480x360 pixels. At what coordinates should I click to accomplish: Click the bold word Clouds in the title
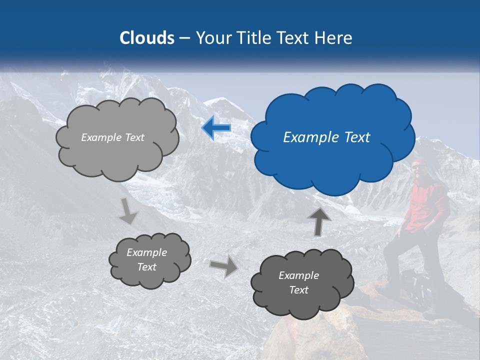point(146,38)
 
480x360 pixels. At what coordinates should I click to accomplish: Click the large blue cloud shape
point(332,137)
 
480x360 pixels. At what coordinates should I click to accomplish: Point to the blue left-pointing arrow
point(216,127)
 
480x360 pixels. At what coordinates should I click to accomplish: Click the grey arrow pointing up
point(318,221)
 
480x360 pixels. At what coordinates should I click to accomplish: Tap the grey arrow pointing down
point(128,210)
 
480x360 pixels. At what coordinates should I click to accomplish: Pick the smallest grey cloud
point(149,259)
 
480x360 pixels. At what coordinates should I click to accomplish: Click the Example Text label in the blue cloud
point(326,137)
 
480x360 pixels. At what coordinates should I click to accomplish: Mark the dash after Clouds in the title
point(184,38)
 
